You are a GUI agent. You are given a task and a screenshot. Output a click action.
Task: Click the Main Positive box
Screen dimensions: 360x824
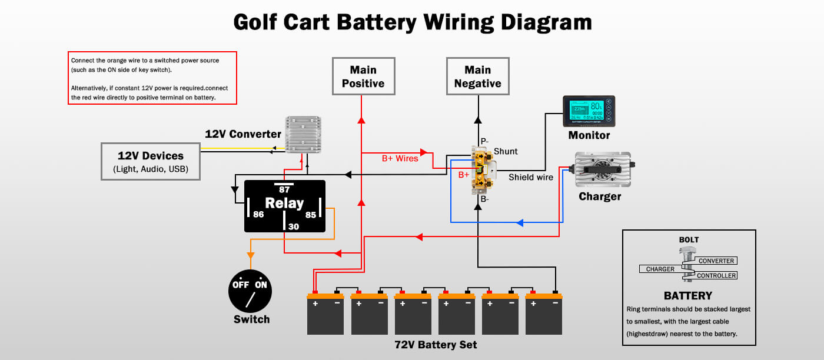click(x=363, y=76)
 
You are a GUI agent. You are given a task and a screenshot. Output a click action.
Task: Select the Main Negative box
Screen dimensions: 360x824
click(x=477, y=76)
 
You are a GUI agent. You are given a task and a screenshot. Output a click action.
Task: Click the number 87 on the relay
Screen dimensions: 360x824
click(x=284, y=189)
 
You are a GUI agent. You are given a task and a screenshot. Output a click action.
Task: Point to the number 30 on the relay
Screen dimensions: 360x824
click(x=293, y=226)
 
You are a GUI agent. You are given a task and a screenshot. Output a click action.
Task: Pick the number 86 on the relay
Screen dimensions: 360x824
click(x=258, y=215)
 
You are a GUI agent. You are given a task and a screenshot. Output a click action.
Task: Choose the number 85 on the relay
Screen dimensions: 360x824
click(x=310, y=215)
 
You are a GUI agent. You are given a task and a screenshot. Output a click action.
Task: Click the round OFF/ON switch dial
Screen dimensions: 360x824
click(x=250, y=291)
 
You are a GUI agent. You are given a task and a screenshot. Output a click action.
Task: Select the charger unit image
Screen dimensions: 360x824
click(x=602, y=169)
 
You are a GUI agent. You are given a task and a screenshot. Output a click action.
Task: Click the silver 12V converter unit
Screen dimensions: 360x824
click(x=303, y=134)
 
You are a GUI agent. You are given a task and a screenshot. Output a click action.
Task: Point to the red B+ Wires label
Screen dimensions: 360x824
click(x=400, y=158)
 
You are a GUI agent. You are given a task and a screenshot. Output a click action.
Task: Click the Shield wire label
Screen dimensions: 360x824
click(x=531, y=177)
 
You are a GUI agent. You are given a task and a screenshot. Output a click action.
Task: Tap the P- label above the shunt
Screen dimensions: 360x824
click(x=485, y=141)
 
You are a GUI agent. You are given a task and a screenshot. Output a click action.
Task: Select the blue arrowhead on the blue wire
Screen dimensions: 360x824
click(x=520, y=222)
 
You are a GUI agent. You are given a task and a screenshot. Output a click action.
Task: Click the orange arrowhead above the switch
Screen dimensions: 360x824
click(x=250, y=255)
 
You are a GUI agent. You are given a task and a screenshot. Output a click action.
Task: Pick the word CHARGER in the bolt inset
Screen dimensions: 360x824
click(x=660, y=269)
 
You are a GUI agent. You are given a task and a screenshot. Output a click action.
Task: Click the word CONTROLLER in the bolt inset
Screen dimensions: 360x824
click(x=716, y=275)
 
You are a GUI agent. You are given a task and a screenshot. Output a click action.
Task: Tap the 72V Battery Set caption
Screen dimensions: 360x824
click(x=435, y=345)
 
